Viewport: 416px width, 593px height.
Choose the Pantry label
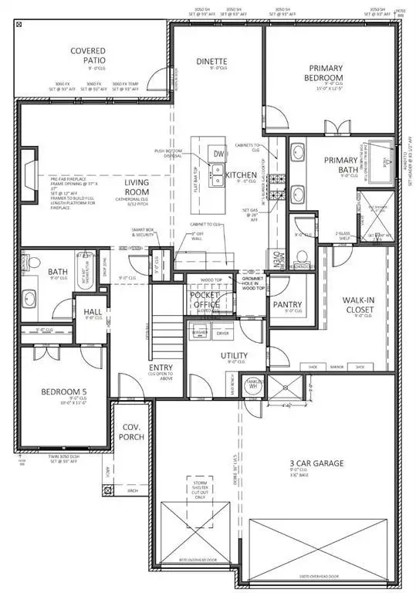[x=287, y=304]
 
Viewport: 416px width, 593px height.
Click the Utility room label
[x=235, y=354]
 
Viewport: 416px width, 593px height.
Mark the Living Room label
[x=137, y=187]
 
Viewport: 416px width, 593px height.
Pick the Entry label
[x=161, y=368]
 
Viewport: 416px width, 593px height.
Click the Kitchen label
[x=241, y=175]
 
